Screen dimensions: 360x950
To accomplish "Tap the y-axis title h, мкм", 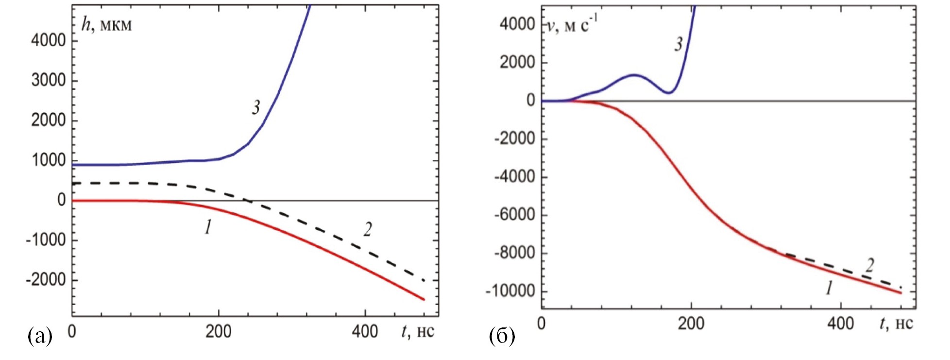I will click(106, 24).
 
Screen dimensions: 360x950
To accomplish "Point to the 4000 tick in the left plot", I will click(48, 40).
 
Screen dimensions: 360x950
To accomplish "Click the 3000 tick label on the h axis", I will click(48, 80).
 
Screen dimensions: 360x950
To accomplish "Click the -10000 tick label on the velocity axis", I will click(510, 291).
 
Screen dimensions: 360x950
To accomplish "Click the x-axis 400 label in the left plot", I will click(365, 332).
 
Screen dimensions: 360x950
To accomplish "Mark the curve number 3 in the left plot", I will click(256, 107).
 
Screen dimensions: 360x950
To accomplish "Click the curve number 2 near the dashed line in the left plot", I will click(368, 229).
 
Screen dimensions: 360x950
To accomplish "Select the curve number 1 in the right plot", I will click(830, 288).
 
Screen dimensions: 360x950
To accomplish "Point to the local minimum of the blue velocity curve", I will click(669, 92).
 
